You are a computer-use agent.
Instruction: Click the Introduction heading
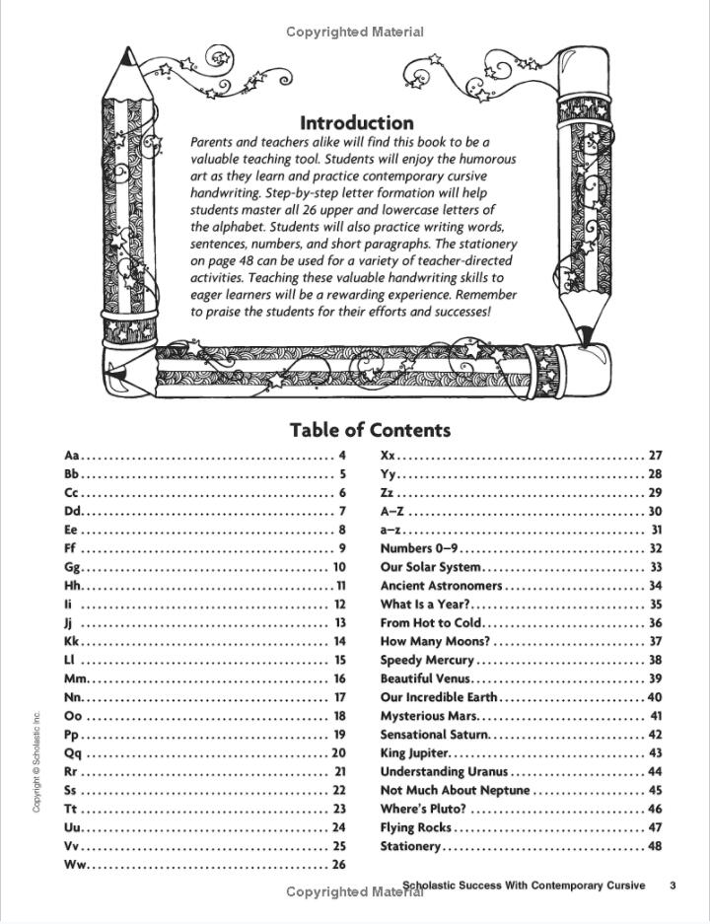(357, 123)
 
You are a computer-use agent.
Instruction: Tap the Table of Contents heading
(370, 430)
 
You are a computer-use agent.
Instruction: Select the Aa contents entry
(72, 456)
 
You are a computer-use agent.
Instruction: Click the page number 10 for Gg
(339, 567)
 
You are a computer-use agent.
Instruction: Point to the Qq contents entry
(72, 753)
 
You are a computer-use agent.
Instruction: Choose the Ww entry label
(76, 865)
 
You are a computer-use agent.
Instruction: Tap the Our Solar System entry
(431, 567)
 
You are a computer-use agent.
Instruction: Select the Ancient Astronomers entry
(441, 586)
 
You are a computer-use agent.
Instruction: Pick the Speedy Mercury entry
(427, 660)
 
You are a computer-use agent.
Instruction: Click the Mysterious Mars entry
(429, 716)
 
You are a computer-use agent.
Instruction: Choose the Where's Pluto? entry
(423, 810)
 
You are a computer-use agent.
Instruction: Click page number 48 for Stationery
(655, 846)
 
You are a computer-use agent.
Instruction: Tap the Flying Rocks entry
(416, 827)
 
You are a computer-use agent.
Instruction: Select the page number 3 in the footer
(672, 886)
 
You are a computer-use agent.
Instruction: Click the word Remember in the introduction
(483, 295)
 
